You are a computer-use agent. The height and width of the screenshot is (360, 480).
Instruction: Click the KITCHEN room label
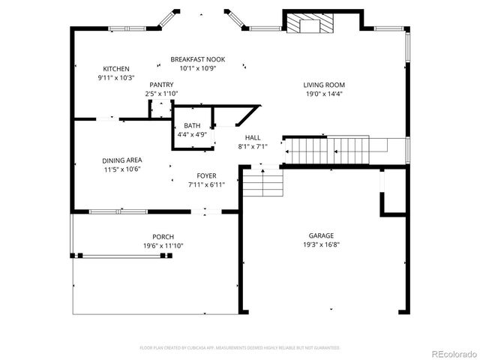[x=115, y=68]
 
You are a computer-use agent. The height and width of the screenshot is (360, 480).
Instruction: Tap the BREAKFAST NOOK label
[x=197, y=59]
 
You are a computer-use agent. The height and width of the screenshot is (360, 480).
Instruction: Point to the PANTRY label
[x=161, y=85]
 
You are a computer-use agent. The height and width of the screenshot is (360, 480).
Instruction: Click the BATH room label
[x=191, y=125]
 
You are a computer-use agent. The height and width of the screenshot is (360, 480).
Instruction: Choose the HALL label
[x=253, y=138]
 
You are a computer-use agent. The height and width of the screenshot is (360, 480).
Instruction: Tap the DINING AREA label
[x=122, y=160]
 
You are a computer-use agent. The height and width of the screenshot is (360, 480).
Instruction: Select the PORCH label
[x=163, y=236]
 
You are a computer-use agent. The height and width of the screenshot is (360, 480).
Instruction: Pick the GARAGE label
[x=321, y=235]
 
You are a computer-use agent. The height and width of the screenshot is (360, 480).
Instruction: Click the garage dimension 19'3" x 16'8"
[x=321, y=244]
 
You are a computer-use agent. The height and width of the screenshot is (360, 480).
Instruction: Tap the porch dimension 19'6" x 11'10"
[x=163, y=245]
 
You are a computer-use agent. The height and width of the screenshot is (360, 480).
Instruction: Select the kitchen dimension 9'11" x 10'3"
[x=115, y=77]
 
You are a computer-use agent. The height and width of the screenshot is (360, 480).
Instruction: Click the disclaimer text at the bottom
[x=240, y=348]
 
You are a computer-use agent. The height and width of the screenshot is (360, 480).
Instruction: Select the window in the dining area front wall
[x=118, y=211]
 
